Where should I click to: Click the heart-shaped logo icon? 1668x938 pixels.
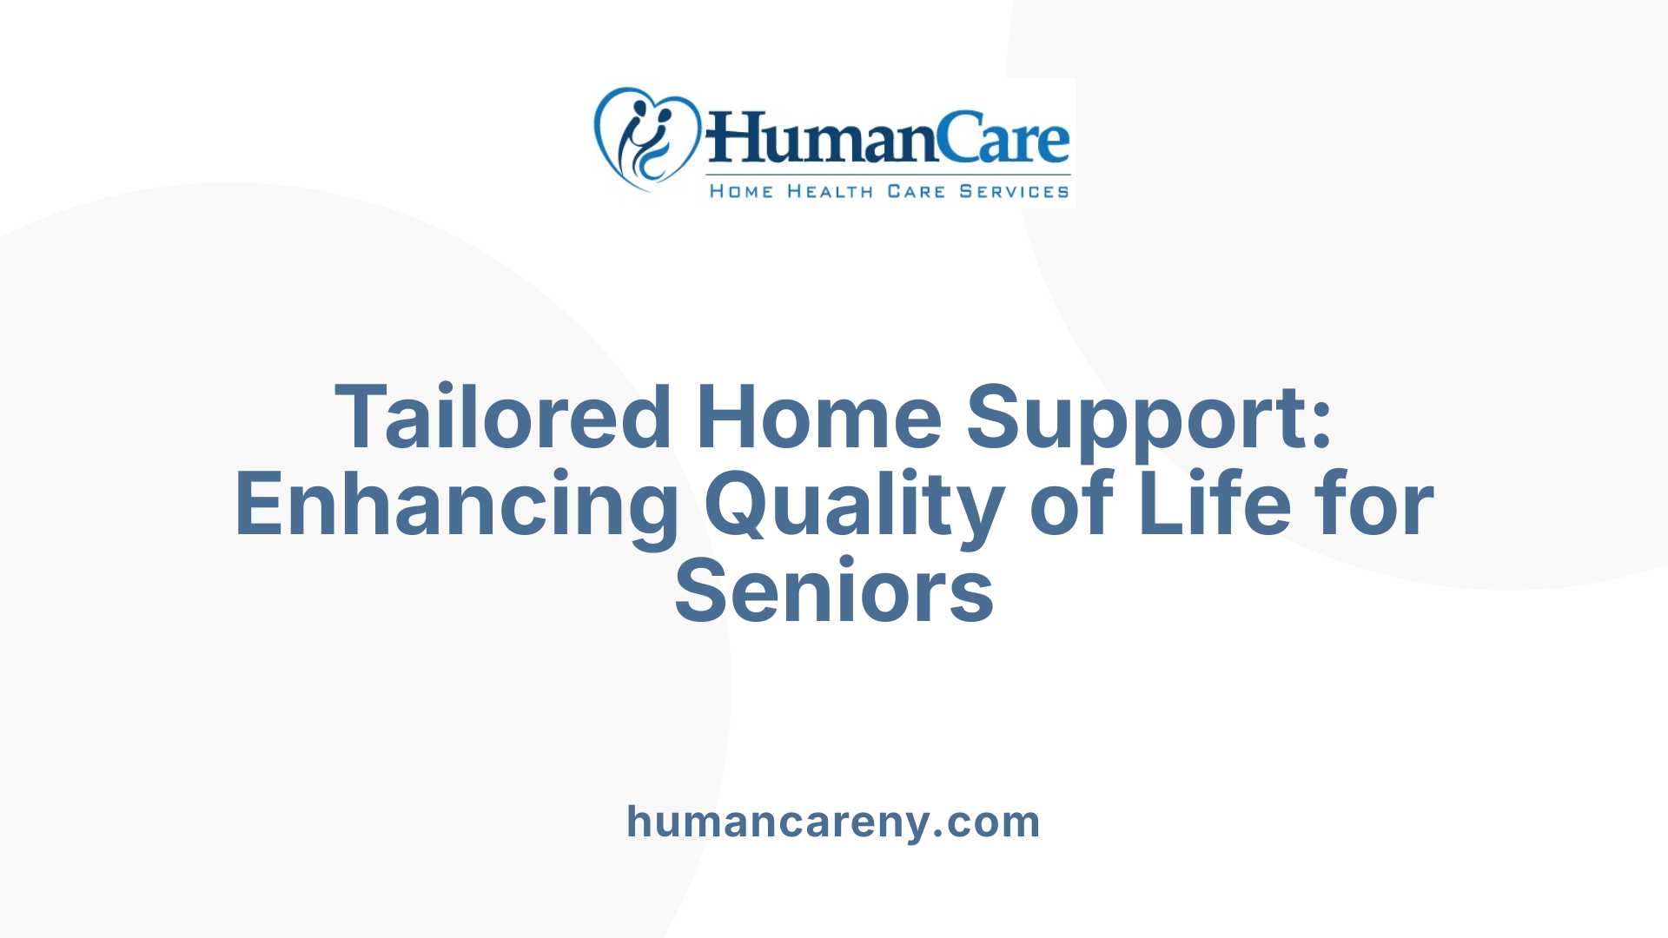click(647, 139)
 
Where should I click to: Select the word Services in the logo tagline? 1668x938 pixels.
click(1014, 191)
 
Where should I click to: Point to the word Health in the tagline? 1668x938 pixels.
click(830, 191)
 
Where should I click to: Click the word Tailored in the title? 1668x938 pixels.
click(503, 418)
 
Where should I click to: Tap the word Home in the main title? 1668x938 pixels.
click(818, 418)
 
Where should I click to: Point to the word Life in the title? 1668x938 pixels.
click(1215, 504)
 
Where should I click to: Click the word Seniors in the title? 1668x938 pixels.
click(834, 593)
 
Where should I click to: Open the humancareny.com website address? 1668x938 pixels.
click(833, 822)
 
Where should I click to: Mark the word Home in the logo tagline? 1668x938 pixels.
click(741, 191)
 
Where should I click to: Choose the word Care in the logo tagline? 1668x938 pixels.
click(916, 191)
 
